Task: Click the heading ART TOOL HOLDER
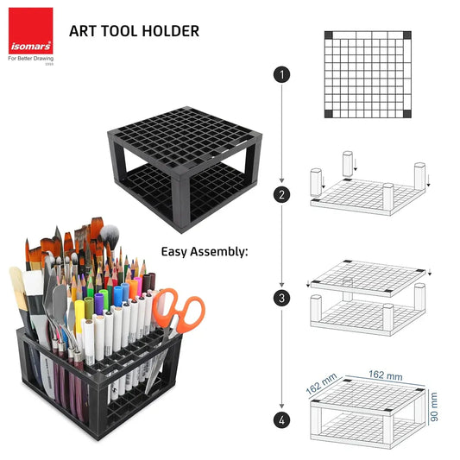134,32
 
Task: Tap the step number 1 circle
280,74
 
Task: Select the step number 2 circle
280,194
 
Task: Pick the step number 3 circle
280,298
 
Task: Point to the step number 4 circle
280,421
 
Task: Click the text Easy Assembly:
204,252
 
